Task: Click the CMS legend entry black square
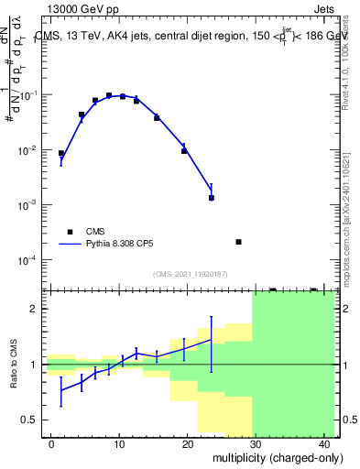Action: tap(70, 232)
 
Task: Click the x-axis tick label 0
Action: tap(52, 444)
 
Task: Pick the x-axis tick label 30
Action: tap(256, 444)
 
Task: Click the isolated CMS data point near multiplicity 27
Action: tap(238, 242)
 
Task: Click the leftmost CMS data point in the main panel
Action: tap(61, 154)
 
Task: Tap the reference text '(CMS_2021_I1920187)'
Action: tap(189, 274)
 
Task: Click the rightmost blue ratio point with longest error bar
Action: tap(212, 340)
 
